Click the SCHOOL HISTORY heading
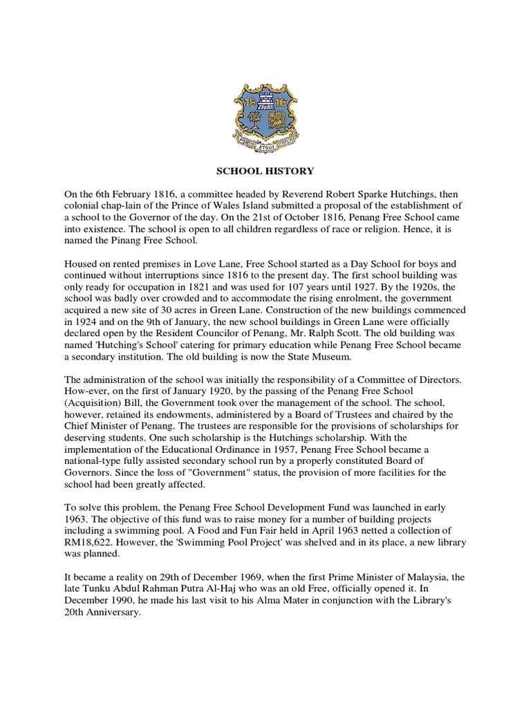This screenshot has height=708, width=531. (265, 171)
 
